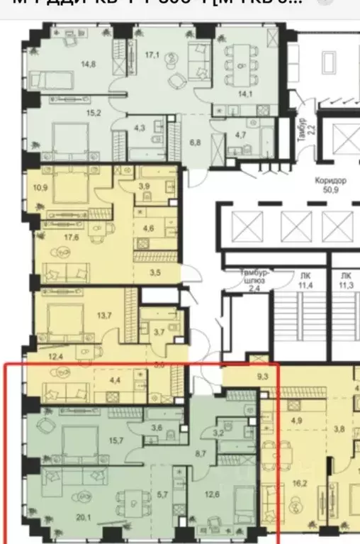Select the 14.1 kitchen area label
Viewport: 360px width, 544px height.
coord(243,90)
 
